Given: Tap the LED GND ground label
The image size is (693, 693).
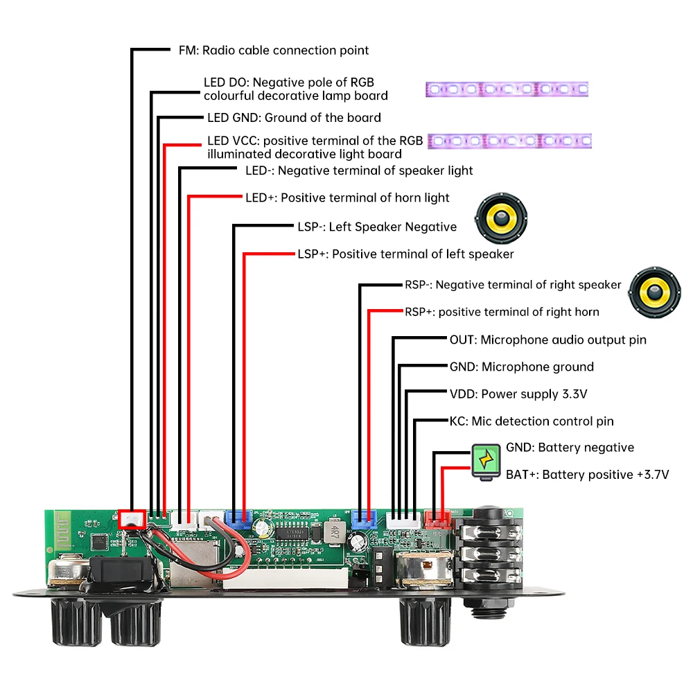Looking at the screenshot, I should pyautogui.click(x=294, y=118).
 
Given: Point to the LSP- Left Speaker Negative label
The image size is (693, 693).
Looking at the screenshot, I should pyautogui.click(x=377, y=227).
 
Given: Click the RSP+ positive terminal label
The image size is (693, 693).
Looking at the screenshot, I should pyautogui.click(x=502, y=312).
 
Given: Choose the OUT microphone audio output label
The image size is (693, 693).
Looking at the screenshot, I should pyautogui.click(x=547, y=340).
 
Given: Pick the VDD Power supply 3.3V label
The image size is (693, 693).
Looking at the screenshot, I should pyautogui.click(x=518, y=394).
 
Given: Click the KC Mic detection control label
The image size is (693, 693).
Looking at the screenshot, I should pyautogui.click(x=532, y=421).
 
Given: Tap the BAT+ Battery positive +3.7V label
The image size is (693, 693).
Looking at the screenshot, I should pyautogui.click(x=588, y=475).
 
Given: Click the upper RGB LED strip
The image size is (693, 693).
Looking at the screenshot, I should pyautogui.click(x=507, y=89).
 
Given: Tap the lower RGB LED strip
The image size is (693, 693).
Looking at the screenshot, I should pyautogui.click(x=510, y=141).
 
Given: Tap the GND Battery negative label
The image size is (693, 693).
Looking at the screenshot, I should pyautogui.click(x=570, y=448).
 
